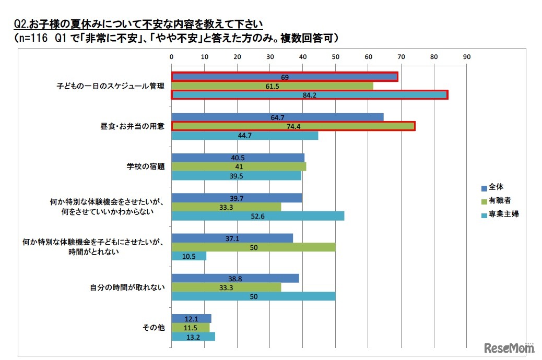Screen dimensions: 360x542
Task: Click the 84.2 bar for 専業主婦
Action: point(310,94)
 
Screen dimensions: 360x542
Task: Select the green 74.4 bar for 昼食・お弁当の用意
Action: point(293,126)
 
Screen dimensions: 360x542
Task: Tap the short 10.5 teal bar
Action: point(188,256)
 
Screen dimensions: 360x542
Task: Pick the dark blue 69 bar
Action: point(285,77)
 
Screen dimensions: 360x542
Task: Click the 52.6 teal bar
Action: point(258,216)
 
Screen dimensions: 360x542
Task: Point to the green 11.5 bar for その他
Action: point(191,328)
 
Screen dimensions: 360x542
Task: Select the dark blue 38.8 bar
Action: point(235,278)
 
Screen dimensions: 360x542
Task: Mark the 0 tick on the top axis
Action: point(172,56)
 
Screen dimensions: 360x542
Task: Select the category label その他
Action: point(154,328)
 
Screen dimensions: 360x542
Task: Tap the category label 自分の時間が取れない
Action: point(126,287)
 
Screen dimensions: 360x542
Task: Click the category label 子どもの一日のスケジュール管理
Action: point(111,86)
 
